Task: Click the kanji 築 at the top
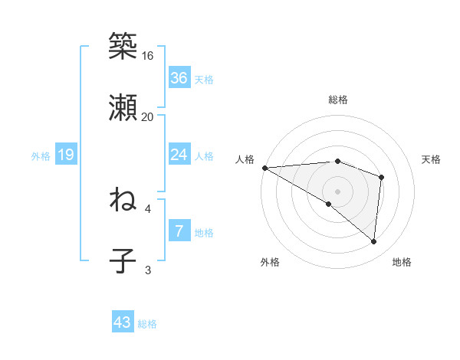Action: click(123, 46)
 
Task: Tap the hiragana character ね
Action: click(123, 200)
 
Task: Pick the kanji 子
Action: click(123, 261)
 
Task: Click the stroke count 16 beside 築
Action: click(148, 56)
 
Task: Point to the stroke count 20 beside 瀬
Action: click(148, 116)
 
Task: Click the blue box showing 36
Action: click(179, 78)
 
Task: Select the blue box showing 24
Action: click(179, 155)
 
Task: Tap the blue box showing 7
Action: click(179, 231)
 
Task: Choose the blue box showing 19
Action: click(65, 155)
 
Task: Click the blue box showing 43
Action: click(123, 322)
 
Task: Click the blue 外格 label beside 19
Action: click(41, 155)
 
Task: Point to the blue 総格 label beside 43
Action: click(147, 324)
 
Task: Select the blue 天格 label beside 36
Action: click(204, 80)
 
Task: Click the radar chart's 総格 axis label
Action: click(338, 100)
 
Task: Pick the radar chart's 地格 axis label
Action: click(402, 262)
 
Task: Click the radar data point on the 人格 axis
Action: click(264, 167)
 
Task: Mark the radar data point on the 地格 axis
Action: click(374, 241)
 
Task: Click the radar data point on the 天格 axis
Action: click(381, 177)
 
